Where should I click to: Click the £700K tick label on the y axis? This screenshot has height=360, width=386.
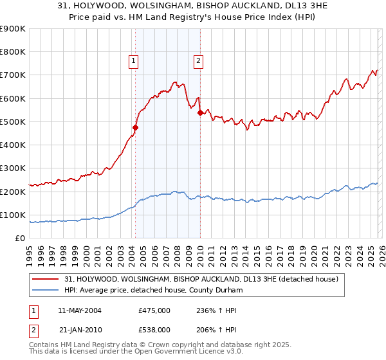click(x=13, y=75)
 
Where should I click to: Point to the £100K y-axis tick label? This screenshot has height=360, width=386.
click(x=13, y=215)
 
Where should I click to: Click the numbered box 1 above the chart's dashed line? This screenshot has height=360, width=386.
click(x=133, y=62)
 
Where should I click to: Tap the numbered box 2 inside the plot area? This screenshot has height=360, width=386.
click(x=198, y=62)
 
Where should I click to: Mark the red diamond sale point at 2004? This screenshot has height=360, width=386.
click(x=135, y=127)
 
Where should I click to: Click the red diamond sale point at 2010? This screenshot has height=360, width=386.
click(x=200, y=113)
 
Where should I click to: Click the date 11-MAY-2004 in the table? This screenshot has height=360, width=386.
click(x=80, y=310)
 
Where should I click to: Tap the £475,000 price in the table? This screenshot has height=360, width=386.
click(x=154, y=310)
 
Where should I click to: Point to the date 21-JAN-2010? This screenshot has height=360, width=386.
click(x=80, y=329)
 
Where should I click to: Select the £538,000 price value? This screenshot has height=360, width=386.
click(x=154, y=329)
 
